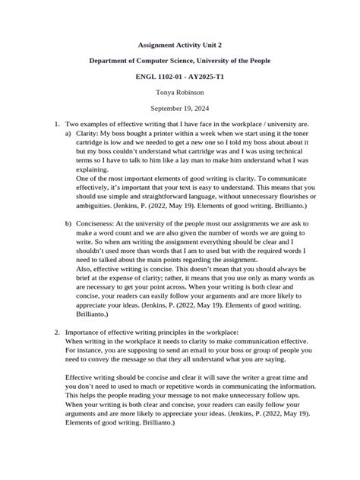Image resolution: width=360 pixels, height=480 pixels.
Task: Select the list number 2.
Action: (x=56, y=333)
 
